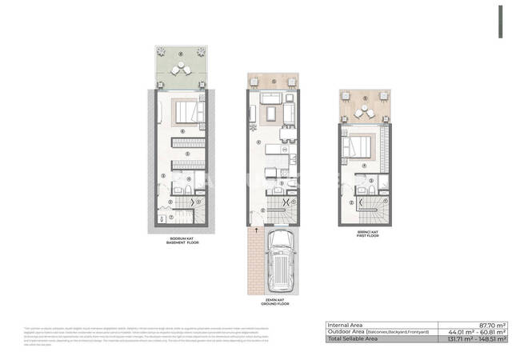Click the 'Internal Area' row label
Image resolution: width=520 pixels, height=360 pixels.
(x=346, y=324)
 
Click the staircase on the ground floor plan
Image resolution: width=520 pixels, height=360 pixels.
(x=281, y=211)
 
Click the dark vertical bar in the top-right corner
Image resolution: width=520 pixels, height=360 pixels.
(x=501, y=22)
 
